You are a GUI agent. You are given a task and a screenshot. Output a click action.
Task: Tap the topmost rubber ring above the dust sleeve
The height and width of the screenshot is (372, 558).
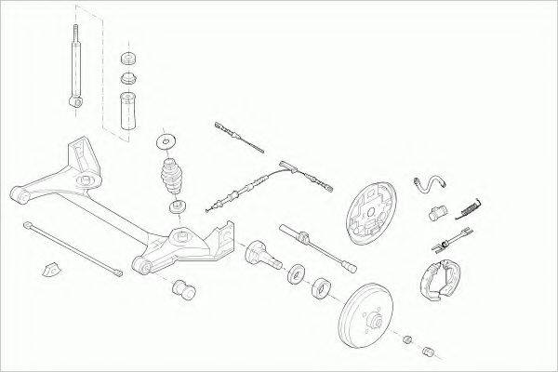point(127,57)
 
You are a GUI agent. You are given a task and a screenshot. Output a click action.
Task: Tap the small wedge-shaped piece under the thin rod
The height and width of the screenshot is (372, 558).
point(52,268)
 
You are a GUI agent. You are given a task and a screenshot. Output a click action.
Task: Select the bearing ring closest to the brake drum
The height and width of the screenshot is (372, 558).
point(322,285)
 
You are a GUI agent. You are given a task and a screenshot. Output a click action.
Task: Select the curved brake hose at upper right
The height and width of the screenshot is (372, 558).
point(432,187)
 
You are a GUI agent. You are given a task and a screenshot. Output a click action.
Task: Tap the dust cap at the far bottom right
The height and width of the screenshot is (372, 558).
point(430,351)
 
